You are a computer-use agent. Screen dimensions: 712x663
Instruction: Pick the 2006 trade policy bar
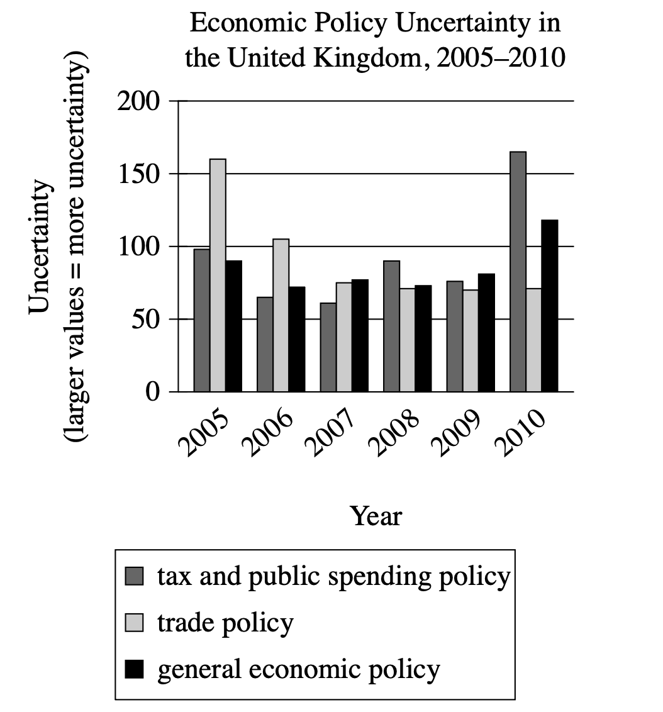pos(281,315)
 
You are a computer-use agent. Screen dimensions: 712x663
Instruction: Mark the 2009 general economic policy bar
pos(486,333)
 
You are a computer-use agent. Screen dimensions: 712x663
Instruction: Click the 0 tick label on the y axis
pos(153,392)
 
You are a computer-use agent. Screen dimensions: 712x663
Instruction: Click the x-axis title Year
pos(376,516)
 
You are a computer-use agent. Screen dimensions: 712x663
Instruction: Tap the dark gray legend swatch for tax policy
pos(135,576)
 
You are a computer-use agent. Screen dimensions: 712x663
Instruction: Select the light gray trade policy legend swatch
pos(135,623)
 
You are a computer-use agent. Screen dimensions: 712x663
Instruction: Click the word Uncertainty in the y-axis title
pos(39,245)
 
